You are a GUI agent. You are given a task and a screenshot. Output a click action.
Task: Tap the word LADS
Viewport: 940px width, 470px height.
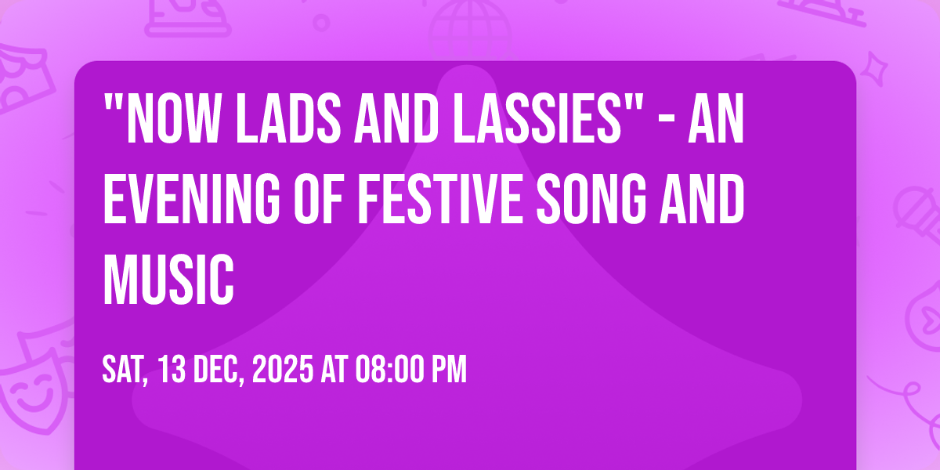click(288, 118)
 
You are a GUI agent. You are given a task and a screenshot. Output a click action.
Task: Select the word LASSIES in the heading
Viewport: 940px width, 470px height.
click(537, 118)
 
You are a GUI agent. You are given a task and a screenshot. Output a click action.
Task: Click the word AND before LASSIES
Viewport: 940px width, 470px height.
click(396, 118)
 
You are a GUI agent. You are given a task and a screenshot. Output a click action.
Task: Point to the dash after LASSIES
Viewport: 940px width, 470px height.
click(667, 120)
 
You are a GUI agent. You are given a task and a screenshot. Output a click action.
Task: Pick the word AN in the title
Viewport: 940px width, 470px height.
click(716, 118)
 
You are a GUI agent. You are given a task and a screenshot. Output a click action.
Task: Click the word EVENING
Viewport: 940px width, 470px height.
click(191, 199)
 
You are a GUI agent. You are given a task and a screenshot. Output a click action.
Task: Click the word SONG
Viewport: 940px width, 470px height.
click(591, 199)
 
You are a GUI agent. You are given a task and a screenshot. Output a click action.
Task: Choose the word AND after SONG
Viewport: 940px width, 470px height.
click(702, 199)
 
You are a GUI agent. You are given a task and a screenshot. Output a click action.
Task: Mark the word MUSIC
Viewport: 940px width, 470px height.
click(168, 279)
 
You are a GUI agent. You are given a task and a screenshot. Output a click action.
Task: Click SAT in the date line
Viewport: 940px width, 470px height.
click(125, 370)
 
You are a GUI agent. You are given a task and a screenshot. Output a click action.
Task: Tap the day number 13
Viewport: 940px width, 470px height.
click(172, 369)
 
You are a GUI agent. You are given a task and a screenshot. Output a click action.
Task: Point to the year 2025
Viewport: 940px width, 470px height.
click(283, 369)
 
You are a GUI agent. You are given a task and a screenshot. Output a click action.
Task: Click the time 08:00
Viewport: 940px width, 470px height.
click(389, 369)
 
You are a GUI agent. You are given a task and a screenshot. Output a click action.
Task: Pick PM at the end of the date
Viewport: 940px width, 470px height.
click(450, 369)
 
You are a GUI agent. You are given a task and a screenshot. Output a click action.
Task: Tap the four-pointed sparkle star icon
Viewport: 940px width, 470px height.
click(874, 69)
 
